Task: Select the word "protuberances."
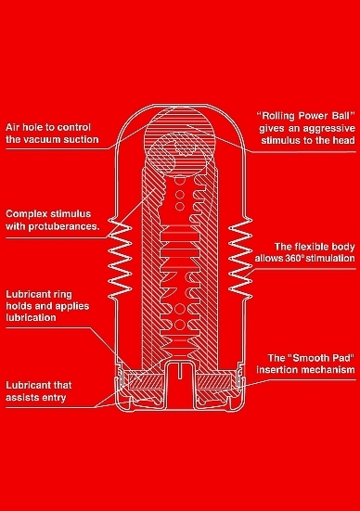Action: click(64, 226)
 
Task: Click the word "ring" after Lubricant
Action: click(61, 295)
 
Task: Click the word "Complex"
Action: click(25, 214)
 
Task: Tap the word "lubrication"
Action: click(31, 317)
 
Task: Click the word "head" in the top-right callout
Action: click(343, 140)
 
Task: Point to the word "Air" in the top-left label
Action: click(13, 127)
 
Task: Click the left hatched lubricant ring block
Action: click(146, 381)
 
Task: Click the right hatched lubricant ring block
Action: click(214, 381)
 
